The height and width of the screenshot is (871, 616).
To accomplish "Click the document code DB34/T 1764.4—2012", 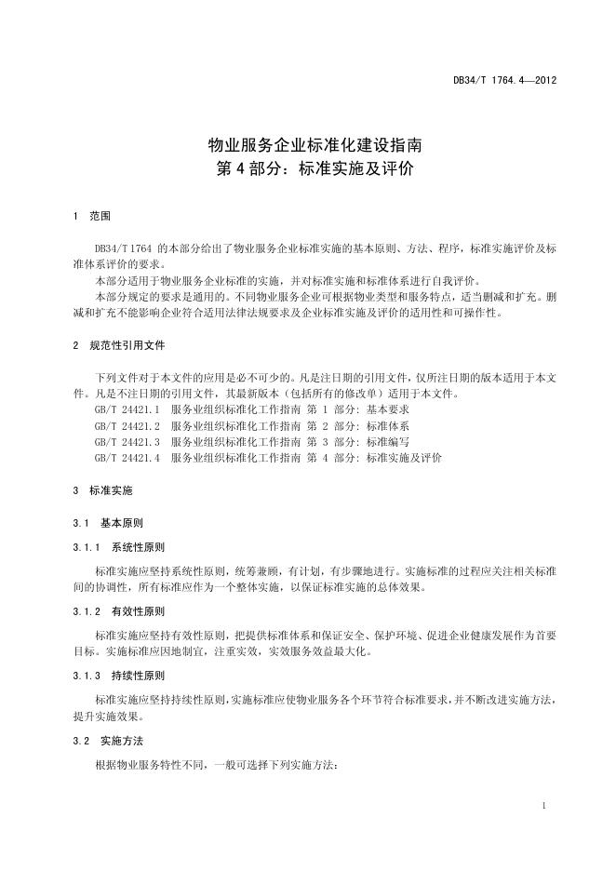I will [x=505, y=81].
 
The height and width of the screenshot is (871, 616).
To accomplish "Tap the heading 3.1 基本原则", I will [x=107, y=523].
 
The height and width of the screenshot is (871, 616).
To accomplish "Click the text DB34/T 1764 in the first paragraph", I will [x=124, y=249].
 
